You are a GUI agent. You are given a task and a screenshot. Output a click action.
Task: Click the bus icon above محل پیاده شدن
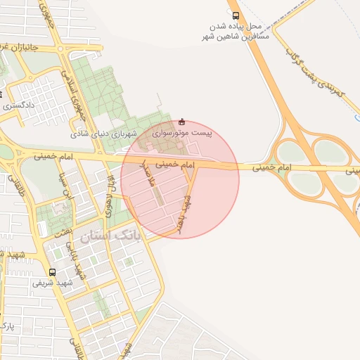pos(235,14)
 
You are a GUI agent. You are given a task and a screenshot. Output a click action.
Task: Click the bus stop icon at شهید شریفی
pos(53,272)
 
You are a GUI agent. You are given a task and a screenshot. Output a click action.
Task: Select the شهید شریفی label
pos(50,283)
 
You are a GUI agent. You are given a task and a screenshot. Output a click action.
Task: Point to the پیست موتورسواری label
pos(182,132)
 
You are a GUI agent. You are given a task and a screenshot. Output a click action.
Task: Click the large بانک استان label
pos(110,237)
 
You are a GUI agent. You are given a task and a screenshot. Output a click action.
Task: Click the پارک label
pos(7,324)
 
